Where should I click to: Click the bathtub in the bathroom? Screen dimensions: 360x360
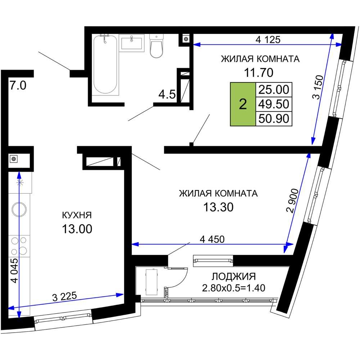pyautogui.click(x=105, y=65)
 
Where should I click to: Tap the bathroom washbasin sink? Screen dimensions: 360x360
pyautogui.click(x=132, y=43)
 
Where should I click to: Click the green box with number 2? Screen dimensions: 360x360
pyautogui.click(x=243, y=104)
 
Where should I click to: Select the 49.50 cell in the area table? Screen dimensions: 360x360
pyautogui.click(x=274, y=104)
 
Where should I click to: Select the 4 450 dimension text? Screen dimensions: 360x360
pyautogui.click(x=212, y=239)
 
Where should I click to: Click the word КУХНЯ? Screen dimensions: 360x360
pyautogui.click(x=77, y=215)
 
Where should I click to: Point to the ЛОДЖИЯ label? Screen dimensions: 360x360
pyautogui.click(x=233, y=276)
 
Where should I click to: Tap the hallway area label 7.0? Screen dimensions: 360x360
pyautogui.click(x=18, y=86)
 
